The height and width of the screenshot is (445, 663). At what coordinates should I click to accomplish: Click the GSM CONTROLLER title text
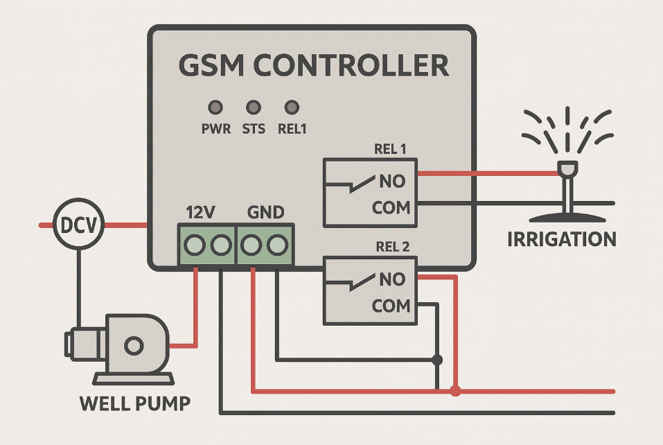pos(313,66)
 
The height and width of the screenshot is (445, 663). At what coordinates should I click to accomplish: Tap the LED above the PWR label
pos(216,107)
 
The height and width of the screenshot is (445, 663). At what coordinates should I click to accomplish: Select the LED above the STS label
pos(254,107)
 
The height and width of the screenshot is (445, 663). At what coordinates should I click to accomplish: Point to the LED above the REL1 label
pos(292,107)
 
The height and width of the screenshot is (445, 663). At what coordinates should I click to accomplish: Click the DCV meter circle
pos(78,225)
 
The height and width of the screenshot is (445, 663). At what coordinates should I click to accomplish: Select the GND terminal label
pos(265,213)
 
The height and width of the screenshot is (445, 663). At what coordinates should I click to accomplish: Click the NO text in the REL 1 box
pos(392,182)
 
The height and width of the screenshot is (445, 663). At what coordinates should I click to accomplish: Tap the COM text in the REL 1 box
pos(391,207)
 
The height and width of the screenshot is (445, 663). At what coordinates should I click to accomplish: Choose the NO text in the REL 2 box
pos(392,280)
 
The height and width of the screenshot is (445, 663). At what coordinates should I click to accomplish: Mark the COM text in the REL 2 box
pos(391,306)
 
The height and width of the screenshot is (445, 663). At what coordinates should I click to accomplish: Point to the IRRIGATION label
pos(562,240)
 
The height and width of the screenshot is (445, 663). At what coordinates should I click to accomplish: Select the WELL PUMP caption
pos(135,403)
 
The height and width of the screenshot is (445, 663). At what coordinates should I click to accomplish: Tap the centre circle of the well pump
pos(134,345)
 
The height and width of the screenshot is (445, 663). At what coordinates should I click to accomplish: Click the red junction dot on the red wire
pos(455,392)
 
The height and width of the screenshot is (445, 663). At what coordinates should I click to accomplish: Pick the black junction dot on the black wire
pos(437,360)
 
